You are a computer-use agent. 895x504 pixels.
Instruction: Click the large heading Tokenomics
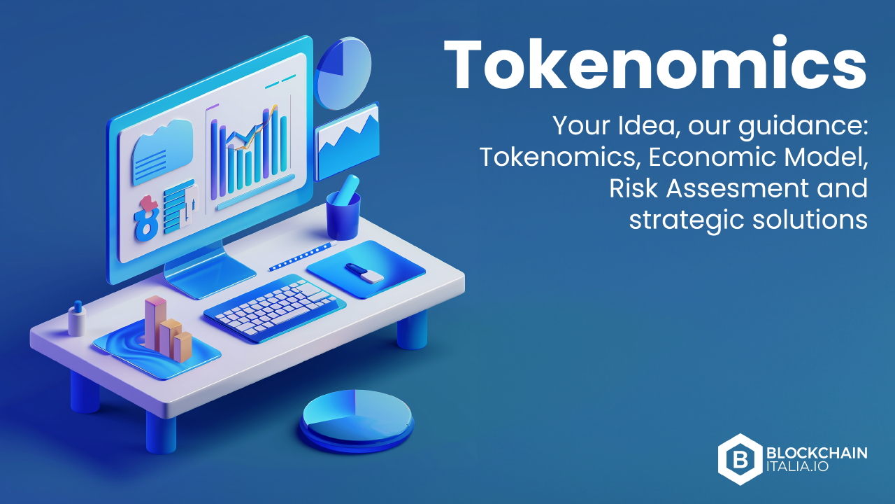point(655,64)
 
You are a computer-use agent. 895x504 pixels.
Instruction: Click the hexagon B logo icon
point(740,459)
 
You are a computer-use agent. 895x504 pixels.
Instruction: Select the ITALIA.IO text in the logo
point(798,466)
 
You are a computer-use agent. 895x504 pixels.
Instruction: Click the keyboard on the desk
point(275,309)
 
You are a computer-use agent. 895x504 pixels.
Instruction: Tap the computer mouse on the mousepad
point(364,273)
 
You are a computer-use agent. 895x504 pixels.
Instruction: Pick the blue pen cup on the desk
point(343,215)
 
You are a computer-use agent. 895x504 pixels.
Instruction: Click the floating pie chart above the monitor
point(343,73)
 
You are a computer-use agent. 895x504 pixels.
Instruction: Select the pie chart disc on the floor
point(357,421)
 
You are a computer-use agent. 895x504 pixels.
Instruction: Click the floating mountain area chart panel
point(347,141)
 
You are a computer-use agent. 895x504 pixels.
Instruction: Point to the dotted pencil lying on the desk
point(303,255)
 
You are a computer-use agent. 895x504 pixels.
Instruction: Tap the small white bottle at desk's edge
point(77,318)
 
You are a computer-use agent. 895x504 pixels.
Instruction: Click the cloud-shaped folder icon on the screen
point(162,152)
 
